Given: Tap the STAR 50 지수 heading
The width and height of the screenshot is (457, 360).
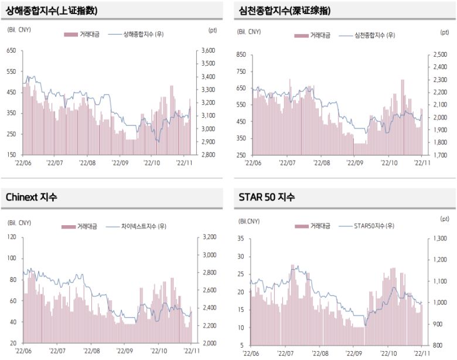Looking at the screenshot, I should pyautogui.click(x=267, y=197).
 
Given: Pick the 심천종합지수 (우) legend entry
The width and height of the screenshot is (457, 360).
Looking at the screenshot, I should pyautogui.click(x=375, y=35).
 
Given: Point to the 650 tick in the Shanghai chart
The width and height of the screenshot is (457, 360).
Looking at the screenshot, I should pyautogui.click(x=11, y=51).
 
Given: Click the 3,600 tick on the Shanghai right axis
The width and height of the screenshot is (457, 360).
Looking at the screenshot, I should pyautogui.click(x=208, y=51).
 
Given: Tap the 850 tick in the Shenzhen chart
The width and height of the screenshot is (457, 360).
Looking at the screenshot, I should pyautogui.click(x=240, y=55).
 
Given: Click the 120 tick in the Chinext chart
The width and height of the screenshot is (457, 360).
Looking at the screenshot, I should pyautogui.click(x=11, y=237).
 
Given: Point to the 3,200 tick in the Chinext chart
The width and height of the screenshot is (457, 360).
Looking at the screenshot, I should pyautogui.click(x=209, y=237).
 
